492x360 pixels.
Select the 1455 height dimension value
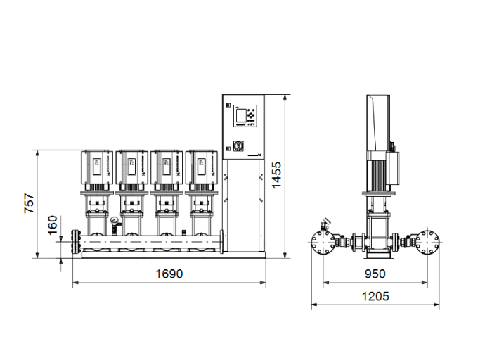click(277, 175)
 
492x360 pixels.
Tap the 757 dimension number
click(29, 202)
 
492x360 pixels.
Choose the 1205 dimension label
click(375, 296)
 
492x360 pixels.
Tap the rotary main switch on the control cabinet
click(236, 147)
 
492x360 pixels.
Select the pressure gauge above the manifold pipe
click(112, 222)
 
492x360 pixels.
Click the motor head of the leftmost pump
click(96, 166)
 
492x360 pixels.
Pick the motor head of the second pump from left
click(131, 166)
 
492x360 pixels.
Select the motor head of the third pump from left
click(165, 166)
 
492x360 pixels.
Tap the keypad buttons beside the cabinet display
click(250, 116)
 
